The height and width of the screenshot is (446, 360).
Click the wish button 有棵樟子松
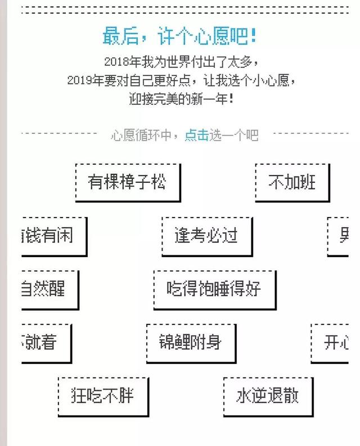(x=127, y=182)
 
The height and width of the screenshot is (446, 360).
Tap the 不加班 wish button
(x=292, y=182)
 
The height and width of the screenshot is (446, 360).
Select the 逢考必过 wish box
(x=206, y=235)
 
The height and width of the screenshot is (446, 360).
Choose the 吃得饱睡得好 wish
(x=214, y=289)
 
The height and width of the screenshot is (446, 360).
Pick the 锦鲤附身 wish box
(x=191, y=342)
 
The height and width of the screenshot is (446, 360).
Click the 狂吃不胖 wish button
(x=103, y=395)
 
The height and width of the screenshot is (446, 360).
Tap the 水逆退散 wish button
(x=267, y=395)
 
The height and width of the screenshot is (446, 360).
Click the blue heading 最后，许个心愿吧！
(x=180, y=36)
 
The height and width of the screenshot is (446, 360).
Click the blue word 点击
(x=196, y=135)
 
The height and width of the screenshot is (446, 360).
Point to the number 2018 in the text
(x=116, y=61)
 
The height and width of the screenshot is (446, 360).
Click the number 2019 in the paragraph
(x=79, y=80)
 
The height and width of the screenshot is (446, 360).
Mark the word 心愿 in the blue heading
(x=215, y=36)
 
